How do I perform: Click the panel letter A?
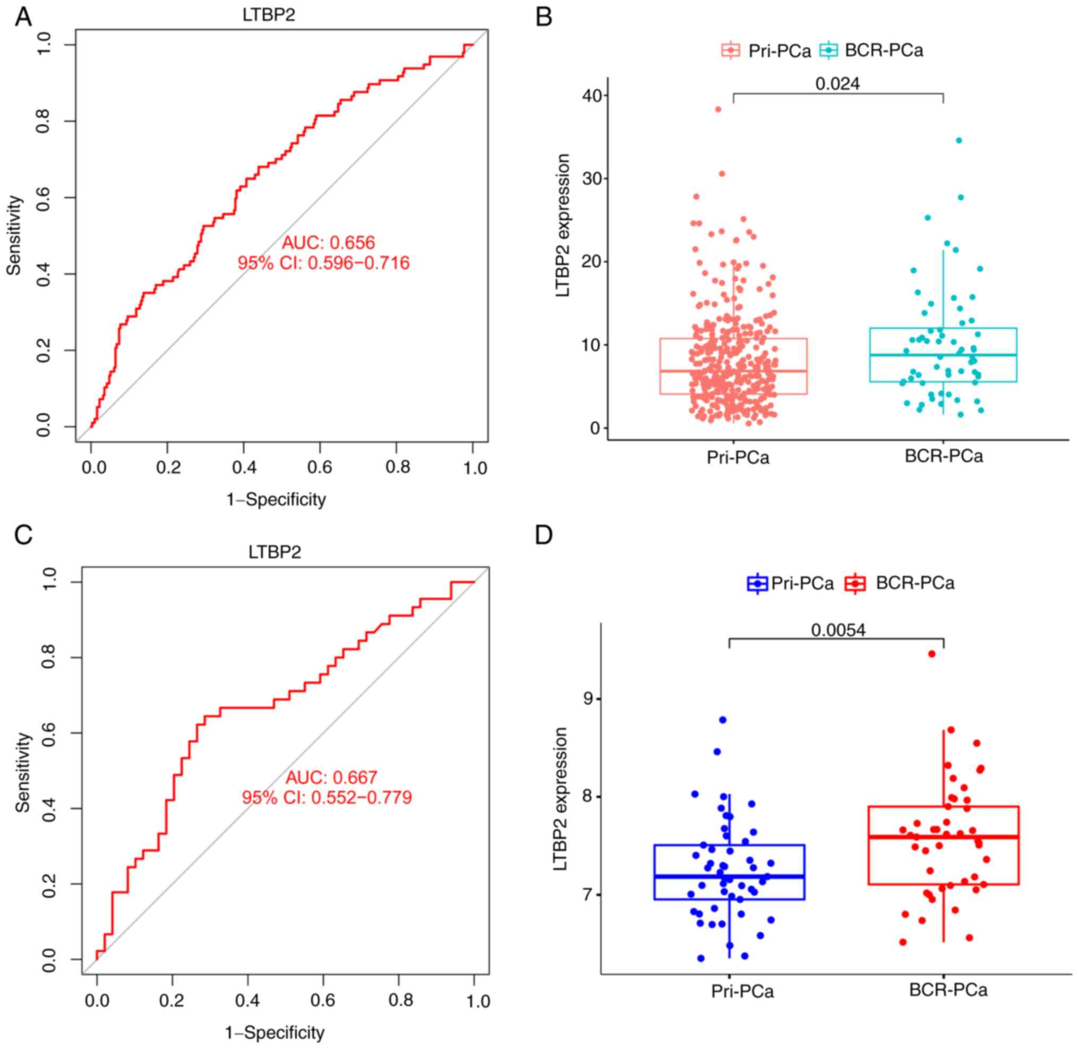pyautogui.click(x=23, y=17)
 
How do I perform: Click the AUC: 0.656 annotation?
pyautogui.click(x=328, y=242)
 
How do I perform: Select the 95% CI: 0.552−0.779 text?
pyautogui.click(x=327, y=797)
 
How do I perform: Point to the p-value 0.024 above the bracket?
pyautogui.click(x=837, y=84)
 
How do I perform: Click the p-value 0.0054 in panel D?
pyautogui.click(x=838, y=630)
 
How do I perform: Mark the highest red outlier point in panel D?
pyautogui.click(x=931, y=654)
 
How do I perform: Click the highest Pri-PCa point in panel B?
pyautogui.click(x=718, y=109)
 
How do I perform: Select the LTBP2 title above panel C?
pyautogui.click(x=275, y=552)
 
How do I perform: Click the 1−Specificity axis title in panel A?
pyautogui.click(x=276, y=500)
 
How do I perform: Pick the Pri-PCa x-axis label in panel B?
pyautogui.click(x=738, y=457)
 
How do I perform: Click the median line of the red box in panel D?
pyautogui.click(x=943, y=837)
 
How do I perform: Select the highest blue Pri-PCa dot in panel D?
pyautogui.click(x=723, y=720)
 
